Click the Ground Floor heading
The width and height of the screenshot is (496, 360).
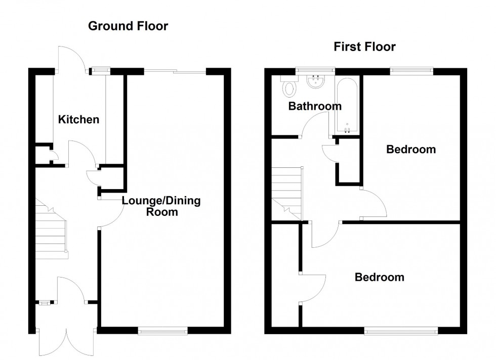pyautogui.click(x=128, y=26)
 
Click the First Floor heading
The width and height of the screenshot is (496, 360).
pyautogui.click(x=364, y=47)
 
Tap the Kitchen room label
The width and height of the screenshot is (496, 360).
pyautogui.click(x=78, y=120)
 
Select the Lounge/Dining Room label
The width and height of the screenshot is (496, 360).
pyautogui.click(x=161, y=206)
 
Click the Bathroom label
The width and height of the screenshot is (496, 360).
pyautogui.click(x=315, y=106)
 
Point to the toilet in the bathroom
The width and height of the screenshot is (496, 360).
pyautogui.click(x=290, y=88)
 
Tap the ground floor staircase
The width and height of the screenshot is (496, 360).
pyautogui.click(x=51, y=228)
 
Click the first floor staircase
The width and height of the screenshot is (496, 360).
pyautogui.click(x=286, y=192)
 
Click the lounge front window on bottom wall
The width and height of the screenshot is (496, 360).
pyautogui.click(x=162, y=331)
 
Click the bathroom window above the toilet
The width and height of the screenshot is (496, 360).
pyautogui.click(x=315, y=71)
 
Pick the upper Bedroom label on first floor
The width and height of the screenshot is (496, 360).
pyautogui.click(x=411, y=150)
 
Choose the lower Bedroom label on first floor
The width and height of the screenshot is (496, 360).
pyautogui.click(x=380, y=277)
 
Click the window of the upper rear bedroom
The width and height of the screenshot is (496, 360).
pyautogui.click(x=411, y=71)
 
